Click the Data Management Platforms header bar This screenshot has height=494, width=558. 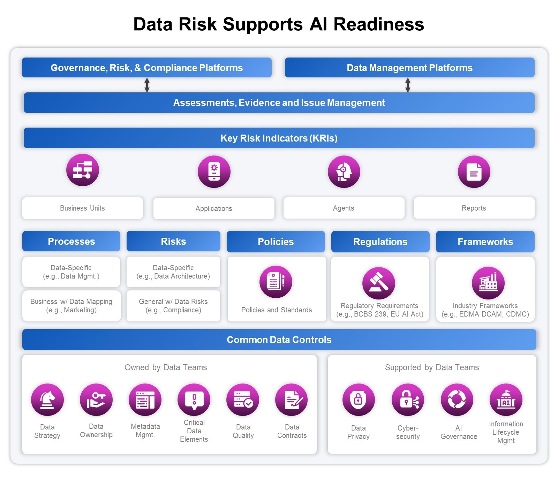[x=409, y=68]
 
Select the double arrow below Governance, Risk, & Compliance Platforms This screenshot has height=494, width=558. [x=147, y=85]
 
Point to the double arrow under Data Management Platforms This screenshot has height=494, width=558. [x=408, y=85]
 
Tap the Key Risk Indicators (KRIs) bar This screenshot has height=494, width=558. [x=279, y=138]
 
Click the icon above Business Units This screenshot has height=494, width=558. [x=83, y=170]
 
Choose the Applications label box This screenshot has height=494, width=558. [x=214, y=208]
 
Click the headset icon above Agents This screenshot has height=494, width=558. [x=344, y=172]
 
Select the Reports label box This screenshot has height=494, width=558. [x=474, y=208]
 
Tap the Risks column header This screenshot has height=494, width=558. [x=173, y=241]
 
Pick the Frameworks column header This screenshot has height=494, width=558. [x=485, y=242]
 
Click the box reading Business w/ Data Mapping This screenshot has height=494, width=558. [x=71, y=306]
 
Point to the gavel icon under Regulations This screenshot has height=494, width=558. [x=379, y=283]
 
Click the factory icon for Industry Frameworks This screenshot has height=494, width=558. [x=488, y=283]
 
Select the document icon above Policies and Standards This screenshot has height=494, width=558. [x=276, y=282]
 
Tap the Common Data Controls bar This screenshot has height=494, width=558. [x=279, y=340]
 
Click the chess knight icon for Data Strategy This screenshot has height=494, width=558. [x=47, y=400]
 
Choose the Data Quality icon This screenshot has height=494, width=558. [x=243, y=400]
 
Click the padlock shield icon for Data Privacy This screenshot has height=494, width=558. [x=358, y=400]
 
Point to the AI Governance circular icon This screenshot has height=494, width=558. [x=457, y=400]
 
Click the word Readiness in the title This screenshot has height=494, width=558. [x=378, y=24]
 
